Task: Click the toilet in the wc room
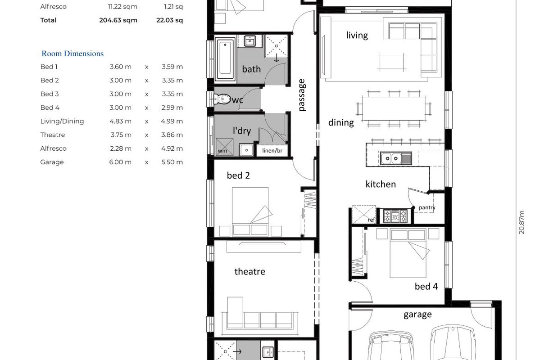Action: coord(222,99)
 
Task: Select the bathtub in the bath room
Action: coord(225,59)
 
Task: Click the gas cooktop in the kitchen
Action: coord(395,216)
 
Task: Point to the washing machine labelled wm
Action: coord(224,147)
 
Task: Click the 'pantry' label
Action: coord(427,207)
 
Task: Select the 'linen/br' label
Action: coord(272,150)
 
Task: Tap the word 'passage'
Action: coord(302,95)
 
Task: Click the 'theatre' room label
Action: coord(250,271)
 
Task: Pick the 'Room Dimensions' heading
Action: coord(73,54)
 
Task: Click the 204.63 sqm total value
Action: coord(118,20)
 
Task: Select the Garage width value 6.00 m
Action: coord(120,162)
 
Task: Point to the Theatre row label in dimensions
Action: coord(52,135)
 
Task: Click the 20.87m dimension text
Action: coord(522,222)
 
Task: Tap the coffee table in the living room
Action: coord(392,63)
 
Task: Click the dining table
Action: coord(394,108)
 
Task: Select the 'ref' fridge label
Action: coord(371,220)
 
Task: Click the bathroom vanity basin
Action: coord(250,41)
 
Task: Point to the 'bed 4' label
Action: coord(426,286)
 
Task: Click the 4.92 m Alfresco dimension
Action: coord(172,148)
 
